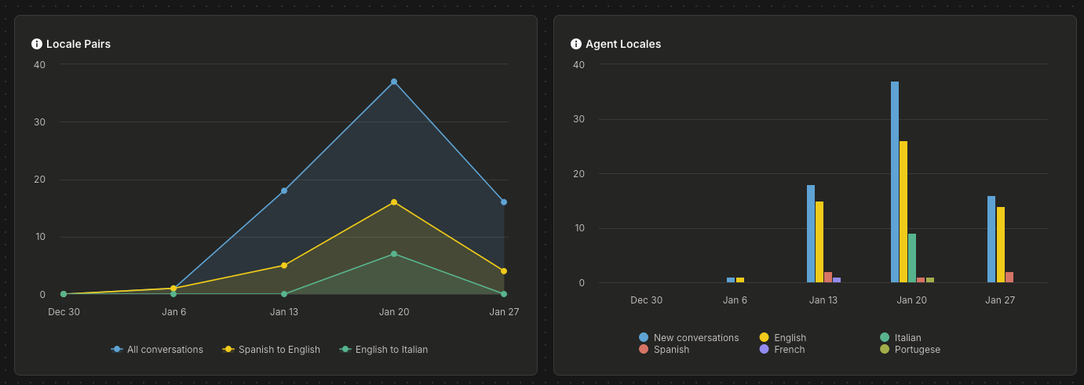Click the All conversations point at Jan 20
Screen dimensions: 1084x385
[394, 82]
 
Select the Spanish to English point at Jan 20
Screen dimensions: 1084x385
[394, 202]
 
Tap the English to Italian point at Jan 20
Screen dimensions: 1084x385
[394, 254]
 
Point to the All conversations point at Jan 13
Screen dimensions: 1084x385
[284, 191]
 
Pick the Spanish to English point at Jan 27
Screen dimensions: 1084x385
[504, 271]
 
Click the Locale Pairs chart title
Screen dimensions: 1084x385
[78, 44]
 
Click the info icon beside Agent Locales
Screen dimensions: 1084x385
[576, 44]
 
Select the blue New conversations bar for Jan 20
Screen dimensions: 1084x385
[895, 182]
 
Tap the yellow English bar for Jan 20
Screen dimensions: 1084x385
[903, 212]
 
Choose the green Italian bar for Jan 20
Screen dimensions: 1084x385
[912, 258]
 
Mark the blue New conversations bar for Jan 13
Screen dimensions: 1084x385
[811, 234]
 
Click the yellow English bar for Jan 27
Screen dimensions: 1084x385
[1000, 245]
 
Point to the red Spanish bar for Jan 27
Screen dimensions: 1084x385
[1009, 277]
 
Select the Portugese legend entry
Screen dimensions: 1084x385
[910, 349]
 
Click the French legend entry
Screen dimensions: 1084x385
[782, 349]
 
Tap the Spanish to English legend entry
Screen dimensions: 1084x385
[271, 349]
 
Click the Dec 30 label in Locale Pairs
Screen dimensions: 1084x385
[64, 312]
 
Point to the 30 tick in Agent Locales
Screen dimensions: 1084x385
[578, 119]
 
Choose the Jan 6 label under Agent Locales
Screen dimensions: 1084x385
[735, 300]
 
